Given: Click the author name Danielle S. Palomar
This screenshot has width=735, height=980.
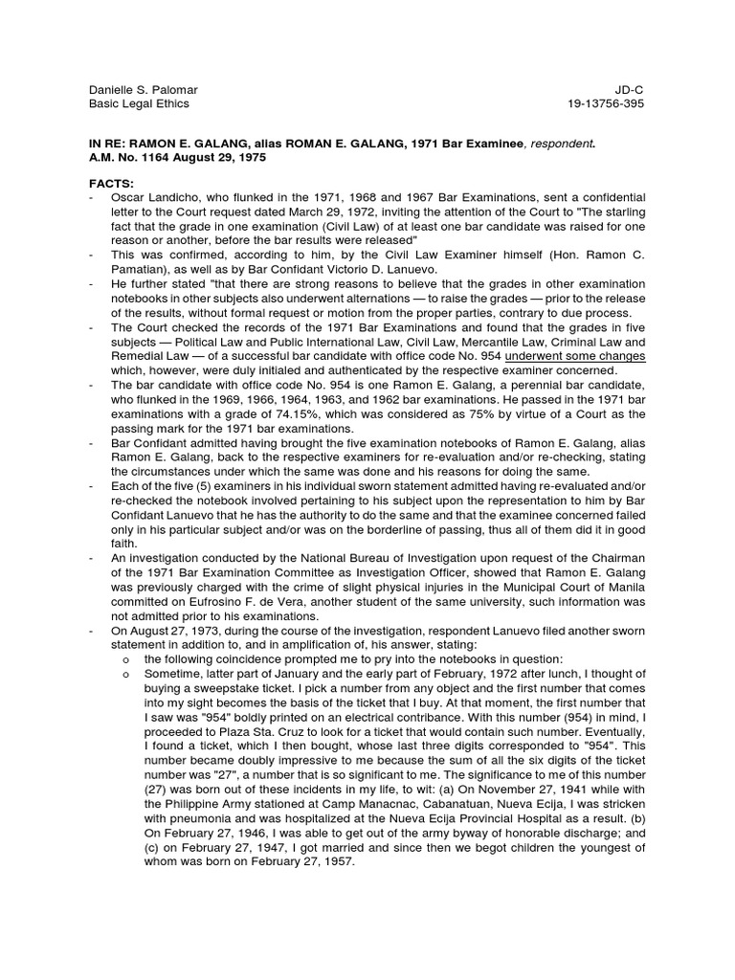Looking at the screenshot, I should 144,90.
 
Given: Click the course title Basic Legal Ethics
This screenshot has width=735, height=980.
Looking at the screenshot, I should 139,104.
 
